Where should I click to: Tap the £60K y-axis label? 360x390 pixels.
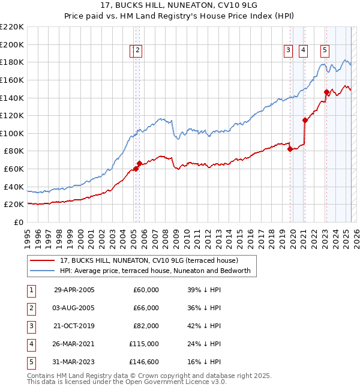(x=14, y=169)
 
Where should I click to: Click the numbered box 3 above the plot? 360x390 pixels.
(x=289, y=50)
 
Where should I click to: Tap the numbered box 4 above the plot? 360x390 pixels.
(x=304, y=50)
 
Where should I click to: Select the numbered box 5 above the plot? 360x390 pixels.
(x=325, y=50)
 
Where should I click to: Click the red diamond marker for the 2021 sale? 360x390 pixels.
(x=305, y=120)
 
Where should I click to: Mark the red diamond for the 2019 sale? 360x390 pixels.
(x=290, y=149)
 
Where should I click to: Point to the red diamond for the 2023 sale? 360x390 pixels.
(x=326, y=92)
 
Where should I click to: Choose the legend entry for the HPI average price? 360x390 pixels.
(x=157, y=271)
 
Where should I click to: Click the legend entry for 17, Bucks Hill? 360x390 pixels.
(x=149, y=260)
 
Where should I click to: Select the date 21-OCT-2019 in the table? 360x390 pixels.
(x=74, y=326)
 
